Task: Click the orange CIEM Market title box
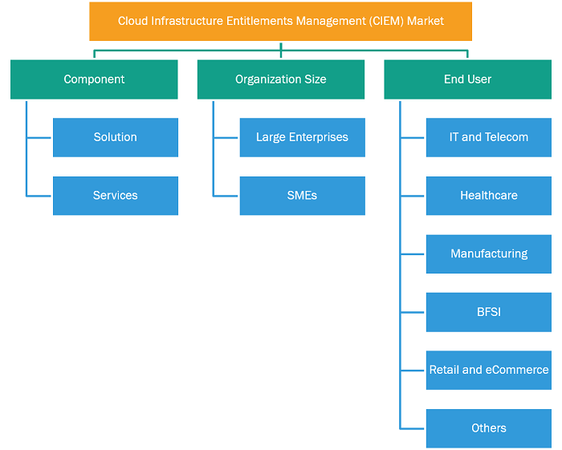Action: (281, 22)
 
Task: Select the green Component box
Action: (94, 79)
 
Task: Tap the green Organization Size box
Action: (281, 79)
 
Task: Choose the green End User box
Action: (468, 79)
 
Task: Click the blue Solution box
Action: (116, 137)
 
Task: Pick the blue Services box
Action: (116, 196)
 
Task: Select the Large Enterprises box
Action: (303, 137)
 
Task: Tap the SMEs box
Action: (303, 196)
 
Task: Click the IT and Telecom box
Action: (489, 137)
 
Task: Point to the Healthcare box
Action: (489, 196)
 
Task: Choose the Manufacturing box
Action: (489, 254)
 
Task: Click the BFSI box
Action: (489, 312)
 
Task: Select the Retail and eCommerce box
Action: (489, 370)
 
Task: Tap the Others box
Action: (489, 428)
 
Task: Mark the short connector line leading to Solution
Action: (39, 137)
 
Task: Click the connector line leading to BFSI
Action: (413, 313)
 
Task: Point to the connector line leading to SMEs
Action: (226, 197)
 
